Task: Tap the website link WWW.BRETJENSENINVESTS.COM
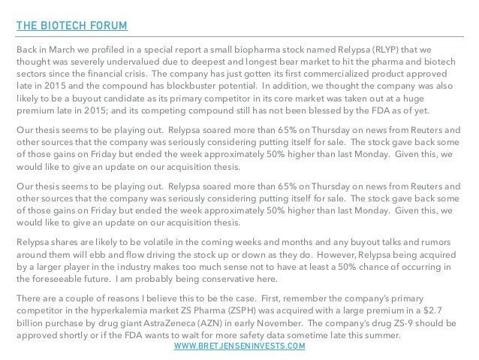tap(239, 346)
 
